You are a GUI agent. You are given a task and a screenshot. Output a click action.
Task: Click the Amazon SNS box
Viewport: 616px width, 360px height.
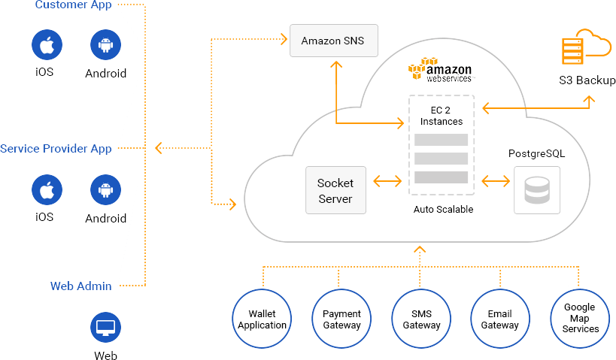point(332,41)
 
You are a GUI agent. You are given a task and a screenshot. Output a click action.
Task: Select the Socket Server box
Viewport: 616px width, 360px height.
point(335,190)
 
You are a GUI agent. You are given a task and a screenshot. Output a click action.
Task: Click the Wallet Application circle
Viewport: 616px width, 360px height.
point(262,319)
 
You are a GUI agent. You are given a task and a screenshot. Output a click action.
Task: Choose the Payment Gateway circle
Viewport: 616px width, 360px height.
point(341,319)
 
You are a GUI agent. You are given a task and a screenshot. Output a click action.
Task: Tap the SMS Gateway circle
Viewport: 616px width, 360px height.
point(421,319)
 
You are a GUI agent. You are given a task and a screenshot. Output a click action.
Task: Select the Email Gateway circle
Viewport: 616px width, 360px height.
point(500,319)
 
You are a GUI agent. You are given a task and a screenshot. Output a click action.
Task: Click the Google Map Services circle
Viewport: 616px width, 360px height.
point(581,319)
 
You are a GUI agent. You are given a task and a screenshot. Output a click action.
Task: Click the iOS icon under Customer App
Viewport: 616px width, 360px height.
point(46,45)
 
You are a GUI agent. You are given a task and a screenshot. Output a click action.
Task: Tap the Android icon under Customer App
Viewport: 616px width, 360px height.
point(105,45)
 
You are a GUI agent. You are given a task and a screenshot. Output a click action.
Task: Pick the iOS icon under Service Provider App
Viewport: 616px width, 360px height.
point(46,190)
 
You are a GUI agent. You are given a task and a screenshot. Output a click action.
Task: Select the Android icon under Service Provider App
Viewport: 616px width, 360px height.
point(105,190)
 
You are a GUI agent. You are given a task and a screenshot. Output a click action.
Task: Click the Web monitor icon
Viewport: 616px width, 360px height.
point(105,328)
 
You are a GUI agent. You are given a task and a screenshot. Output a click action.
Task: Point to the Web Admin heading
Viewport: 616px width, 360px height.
point(81,286)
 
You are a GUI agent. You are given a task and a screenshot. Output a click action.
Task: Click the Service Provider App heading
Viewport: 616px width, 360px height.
point(56,149)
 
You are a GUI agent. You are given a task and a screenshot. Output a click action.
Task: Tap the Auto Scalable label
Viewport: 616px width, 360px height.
point(443,210)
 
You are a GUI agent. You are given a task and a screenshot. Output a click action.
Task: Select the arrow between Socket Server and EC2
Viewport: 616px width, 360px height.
point(387,181)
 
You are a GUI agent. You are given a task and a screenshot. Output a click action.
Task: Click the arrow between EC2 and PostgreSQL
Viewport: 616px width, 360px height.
point(496,181)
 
